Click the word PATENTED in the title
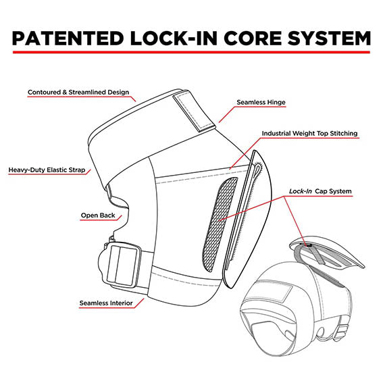click(x=68, y=39)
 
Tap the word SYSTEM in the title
click(x=329, y=39)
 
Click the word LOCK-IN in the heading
click(x=174, y=39)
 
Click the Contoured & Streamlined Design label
click(x=78, y=93)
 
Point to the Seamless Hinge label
click(x=261, y=102)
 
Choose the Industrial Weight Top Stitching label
click(x=309, y=133)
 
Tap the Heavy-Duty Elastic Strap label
click(x=47, y=170)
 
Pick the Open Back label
click(x=98, y=215)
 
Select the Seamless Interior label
click(x=106, y=303)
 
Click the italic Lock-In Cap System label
click(x=320, y=191)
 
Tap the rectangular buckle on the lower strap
click(x=124, y=265)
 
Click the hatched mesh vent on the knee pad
click(x=220, y=224)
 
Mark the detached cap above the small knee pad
click(x=327, y=253)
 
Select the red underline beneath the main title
click(x=191, y=52)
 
